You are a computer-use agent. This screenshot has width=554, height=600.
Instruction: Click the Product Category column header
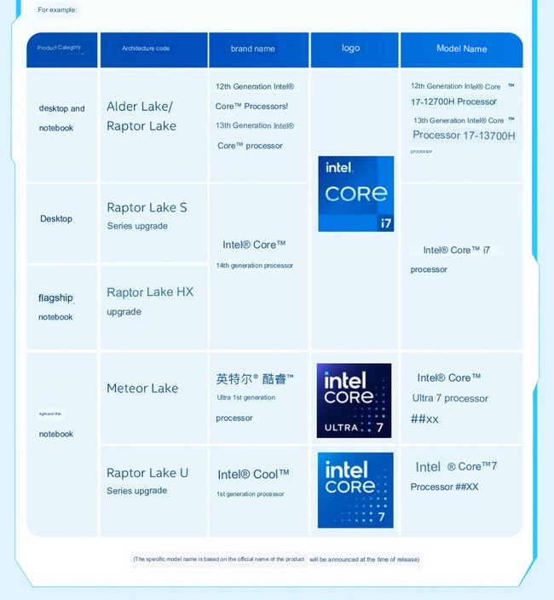(59, 48)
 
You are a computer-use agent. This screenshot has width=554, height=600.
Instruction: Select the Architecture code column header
(146, 49)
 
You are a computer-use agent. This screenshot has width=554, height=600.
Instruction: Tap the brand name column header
(253, 49)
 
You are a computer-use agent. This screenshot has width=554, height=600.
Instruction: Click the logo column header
(351, 48)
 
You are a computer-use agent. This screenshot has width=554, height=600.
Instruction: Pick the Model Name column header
(462, 49)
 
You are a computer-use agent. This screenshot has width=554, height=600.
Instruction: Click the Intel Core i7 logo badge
(355, 193)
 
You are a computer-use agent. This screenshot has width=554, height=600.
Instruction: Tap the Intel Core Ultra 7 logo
(354, 401)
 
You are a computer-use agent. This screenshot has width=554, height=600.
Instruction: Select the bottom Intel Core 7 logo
(355, 490)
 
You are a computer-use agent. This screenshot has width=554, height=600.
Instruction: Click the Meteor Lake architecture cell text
(142, 389)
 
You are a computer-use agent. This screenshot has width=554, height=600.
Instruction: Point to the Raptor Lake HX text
(150, 292)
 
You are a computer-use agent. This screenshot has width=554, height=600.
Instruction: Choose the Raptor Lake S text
(147, 208)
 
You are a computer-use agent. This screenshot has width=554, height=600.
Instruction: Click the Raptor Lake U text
(147, 473)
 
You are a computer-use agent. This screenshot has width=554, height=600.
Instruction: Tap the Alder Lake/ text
(140, 107)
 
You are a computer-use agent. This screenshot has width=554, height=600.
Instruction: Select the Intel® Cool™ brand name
(253, 474)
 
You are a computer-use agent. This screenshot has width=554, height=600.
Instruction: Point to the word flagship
(55, 298)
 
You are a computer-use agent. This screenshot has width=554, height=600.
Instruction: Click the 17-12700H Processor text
(453, 102)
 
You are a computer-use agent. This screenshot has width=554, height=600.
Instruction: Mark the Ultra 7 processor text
(450, 398)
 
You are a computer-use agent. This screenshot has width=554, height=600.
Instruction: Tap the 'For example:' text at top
(57, 10)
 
